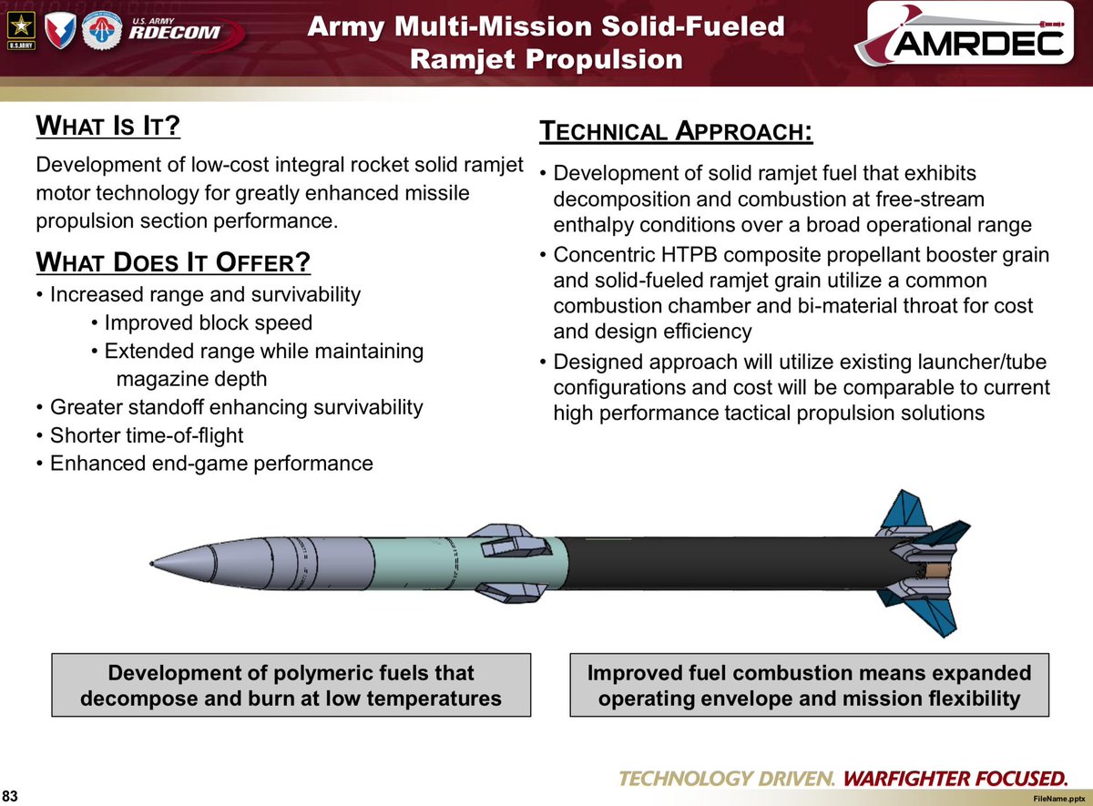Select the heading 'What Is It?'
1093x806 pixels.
click(107, 126)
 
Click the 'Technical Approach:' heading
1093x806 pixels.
click(676, 131)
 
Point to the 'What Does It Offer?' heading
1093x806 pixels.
click(173, 263)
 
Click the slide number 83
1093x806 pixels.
click(12, 796)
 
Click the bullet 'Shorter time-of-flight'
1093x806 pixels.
click(147, 435)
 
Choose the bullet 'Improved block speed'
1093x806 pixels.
click(208, 322)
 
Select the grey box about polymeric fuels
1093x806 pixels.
click(291, 685)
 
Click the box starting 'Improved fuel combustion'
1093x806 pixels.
click(809, 685)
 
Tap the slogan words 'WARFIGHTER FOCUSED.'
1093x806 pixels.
click(954, 779)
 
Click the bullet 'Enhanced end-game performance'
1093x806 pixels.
click(211, 464)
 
